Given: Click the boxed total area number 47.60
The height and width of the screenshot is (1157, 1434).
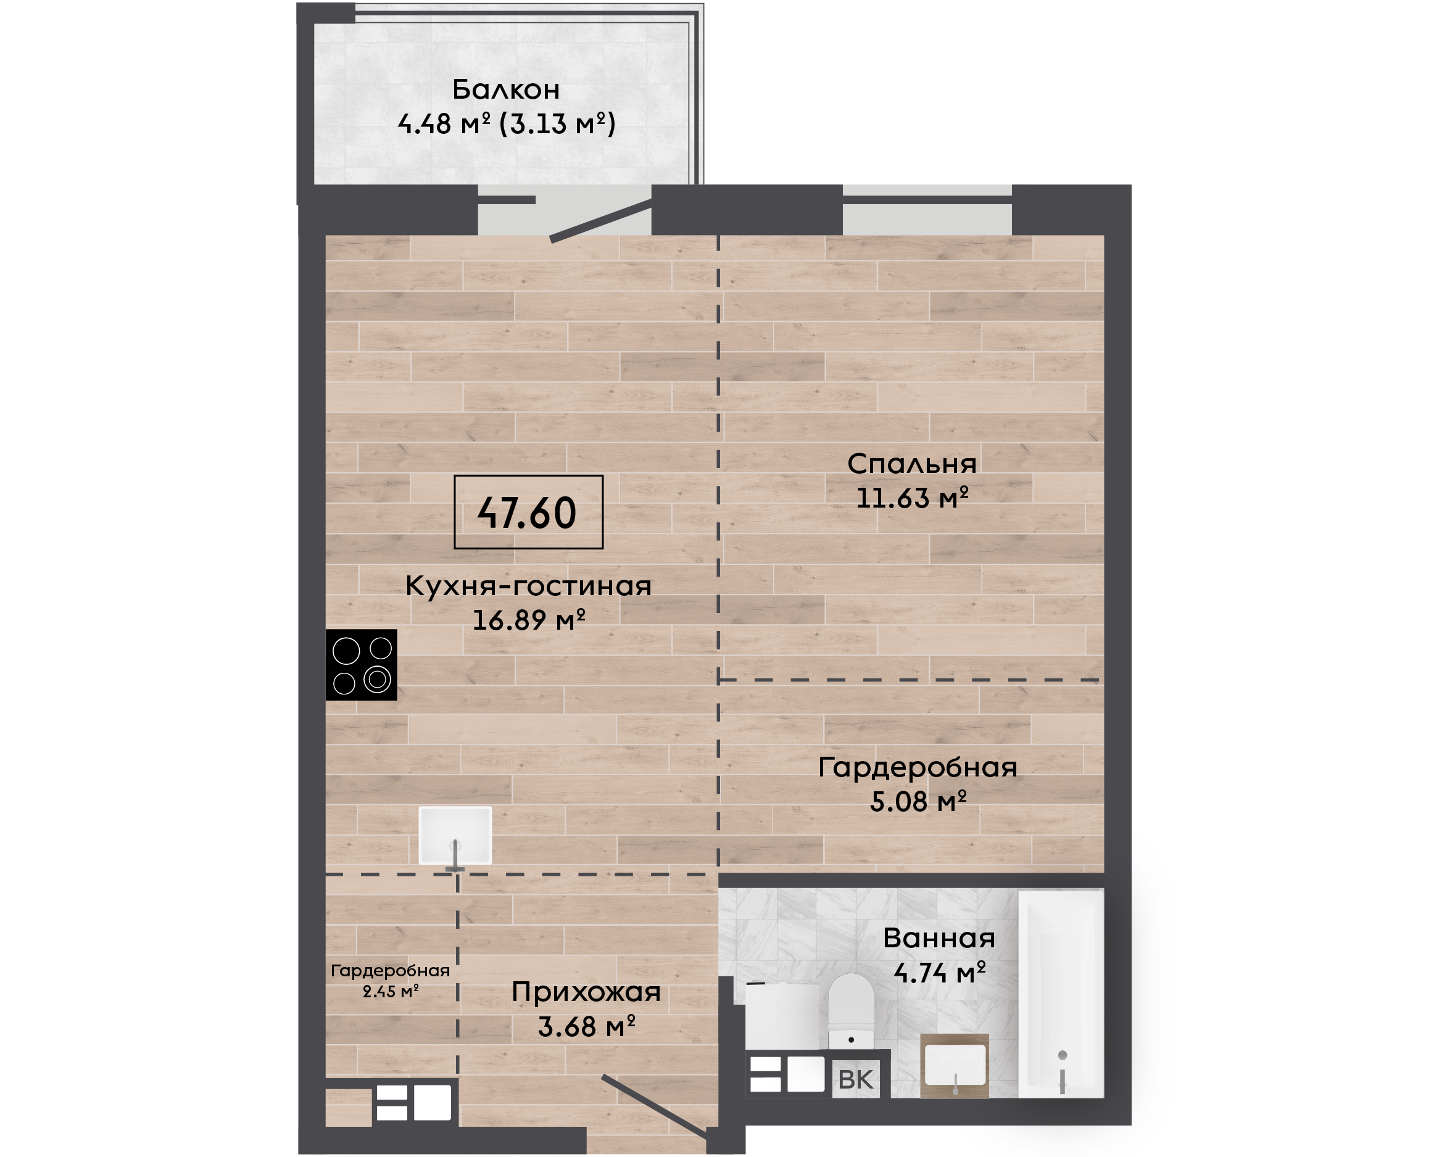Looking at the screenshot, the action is click(x=527, y=513).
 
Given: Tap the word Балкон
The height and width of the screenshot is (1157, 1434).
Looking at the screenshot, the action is click(x=506, y=89).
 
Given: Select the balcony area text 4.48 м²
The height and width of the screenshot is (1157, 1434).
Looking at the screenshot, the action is click(x=444, y=124).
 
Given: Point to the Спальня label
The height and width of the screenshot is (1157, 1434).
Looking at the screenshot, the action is click(x=911, y=464).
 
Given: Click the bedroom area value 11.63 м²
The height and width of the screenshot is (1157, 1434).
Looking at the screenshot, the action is click(x=911, y=498).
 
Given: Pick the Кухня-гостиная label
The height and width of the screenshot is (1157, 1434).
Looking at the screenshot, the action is click(x=528, y=587).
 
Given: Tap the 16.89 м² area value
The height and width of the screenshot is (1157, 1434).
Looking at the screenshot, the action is click(x=528, y=620).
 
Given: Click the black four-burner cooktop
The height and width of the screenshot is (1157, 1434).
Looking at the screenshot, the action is click(x=362, y=664).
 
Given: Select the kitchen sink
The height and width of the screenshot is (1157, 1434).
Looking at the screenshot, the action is click(x=455, y=836).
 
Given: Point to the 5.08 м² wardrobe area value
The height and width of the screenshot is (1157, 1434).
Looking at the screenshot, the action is click(x=918, y=801).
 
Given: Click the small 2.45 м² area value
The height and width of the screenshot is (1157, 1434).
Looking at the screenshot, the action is click(x=391, y=991).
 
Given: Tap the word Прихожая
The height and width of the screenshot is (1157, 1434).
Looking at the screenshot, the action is click(x=586, y=992).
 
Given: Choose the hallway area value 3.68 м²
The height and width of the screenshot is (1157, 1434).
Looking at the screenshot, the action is click(x=586, y=1027).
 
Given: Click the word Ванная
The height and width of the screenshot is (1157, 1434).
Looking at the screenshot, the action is click(x=939, y=939).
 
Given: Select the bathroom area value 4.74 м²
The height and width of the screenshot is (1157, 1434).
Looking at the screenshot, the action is click(x=939, y=973).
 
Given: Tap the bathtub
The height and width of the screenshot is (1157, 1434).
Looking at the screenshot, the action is click(x=1061, y=992).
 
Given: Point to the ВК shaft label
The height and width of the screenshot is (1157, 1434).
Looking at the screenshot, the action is click(x=855, y=1080).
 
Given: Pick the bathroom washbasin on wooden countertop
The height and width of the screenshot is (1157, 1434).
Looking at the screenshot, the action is click(x=955, y=1066).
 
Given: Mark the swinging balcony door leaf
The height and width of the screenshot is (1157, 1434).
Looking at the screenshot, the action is click(x=600, y=220).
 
